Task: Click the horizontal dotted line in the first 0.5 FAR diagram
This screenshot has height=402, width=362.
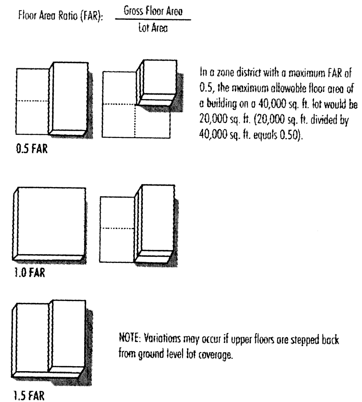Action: tap(32, 101)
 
